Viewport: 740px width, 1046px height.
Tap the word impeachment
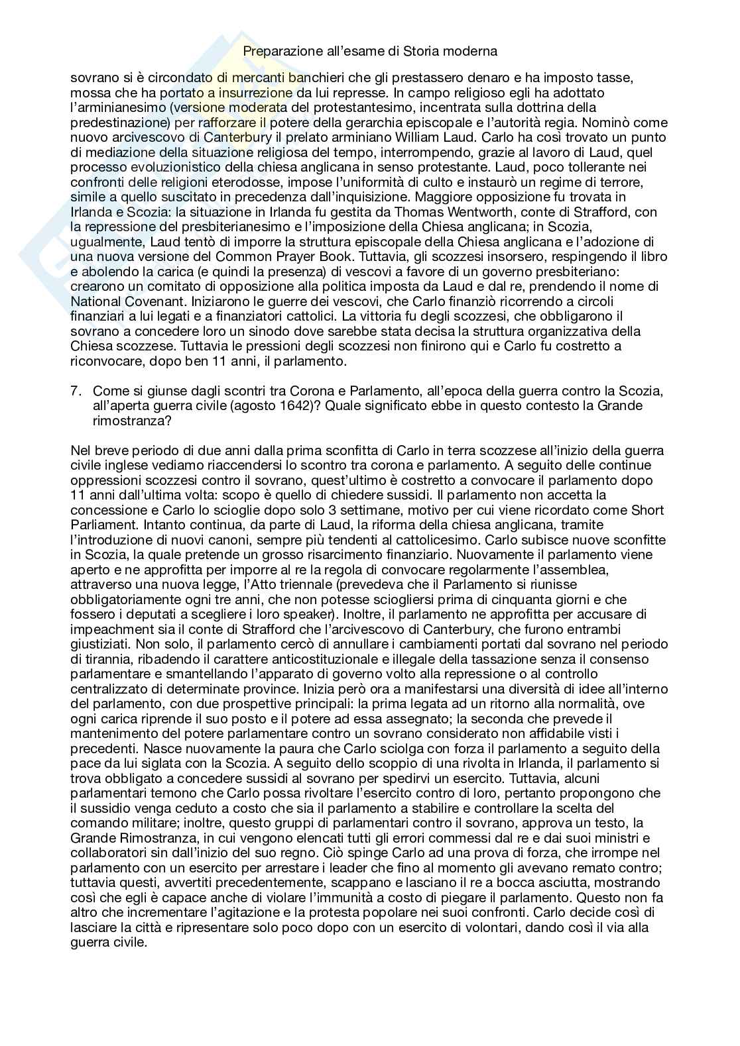pos(106,629)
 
